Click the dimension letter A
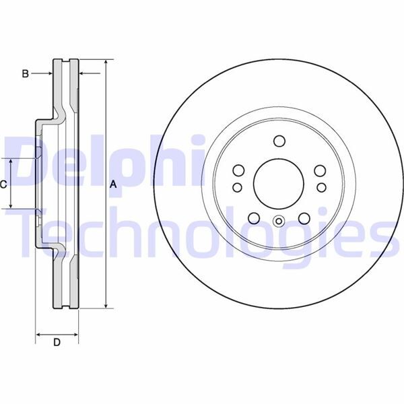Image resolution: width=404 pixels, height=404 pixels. click(x=113, y=184)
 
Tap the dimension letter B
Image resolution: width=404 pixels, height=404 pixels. click(x=25, y=73)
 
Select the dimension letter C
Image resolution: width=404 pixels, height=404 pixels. click(x=3, y=184)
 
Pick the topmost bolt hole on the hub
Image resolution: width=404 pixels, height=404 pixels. click(x=279, y=141)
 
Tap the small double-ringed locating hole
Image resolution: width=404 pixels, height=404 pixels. click(x=279, y=220)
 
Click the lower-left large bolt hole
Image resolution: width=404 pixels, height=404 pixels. click(x=254, y=218)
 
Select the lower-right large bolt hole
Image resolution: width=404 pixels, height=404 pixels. click(x=304, y=218)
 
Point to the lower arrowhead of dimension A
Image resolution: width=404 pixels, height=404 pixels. click(x=106, y=306)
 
